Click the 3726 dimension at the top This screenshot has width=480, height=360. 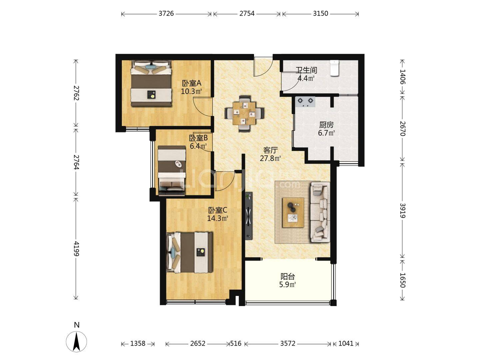[x=166, y=14]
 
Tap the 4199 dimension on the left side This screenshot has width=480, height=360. [x=76, y=248]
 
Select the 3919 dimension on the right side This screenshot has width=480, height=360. [x=402, y=210]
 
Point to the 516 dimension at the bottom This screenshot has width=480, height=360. [x=236, y=344]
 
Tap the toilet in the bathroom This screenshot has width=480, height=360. [x=334, y=68]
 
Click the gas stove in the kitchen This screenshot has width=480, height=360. [x=305, y=102]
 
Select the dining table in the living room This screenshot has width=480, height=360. [x=244, y=113]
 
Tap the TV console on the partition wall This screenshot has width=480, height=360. [x=249, y=216]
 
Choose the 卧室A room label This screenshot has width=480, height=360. [x=192, y=83]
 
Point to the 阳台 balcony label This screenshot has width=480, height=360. [x=288, y=277]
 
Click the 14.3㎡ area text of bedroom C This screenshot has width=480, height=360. [x=218, y=218]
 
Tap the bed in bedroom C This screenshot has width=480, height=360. [x=189, y=252]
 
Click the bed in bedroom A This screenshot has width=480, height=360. [x=151, y=83]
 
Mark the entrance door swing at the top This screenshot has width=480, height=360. [x=263, y=66]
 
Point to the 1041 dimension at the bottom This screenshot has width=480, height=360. [x=346, y=344]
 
